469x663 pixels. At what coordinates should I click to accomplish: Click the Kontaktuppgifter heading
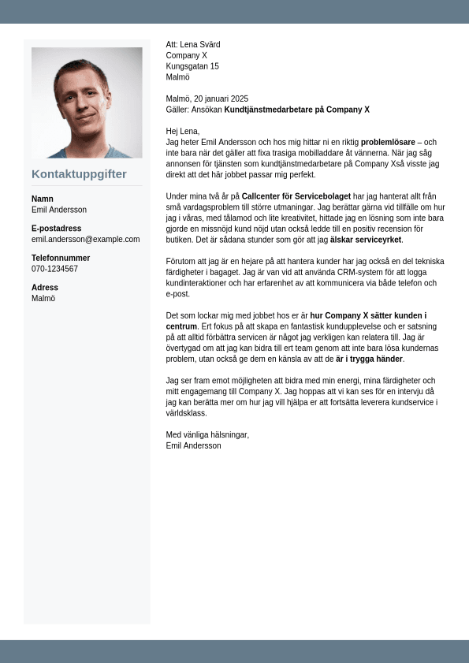79,174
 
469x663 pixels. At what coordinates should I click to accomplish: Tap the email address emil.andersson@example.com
85,239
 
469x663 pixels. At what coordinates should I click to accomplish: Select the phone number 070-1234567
54,269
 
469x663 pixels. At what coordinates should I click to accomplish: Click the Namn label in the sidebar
43,199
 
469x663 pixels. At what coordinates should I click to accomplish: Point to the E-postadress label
56,229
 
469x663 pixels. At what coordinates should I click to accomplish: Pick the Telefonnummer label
61,258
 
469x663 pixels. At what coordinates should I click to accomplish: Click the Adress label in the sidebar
44,288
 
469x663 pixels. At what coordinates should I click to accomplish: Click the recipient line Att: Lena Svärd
193,45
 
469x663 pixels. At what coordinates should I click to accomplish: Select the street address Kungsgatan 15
192,66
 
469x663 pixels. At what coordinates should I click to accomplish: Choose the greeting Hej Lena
183,131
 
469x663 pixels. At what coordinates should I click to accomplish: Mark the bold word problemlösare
388,142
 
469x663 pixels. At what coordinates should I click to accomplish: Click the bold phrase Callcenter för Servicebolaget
296,196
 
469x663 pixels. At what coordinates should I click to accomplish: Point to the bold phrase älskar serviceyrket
366,240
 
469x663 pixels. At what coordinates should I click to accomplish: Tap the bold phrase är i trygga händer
370,359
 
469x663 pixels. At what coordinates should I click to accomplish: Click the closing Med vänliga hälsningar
207,434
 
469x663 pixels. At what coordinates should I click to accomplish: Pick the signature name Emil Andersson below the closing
193,445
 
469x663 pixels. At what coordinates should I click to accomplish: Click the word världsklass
186,412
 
